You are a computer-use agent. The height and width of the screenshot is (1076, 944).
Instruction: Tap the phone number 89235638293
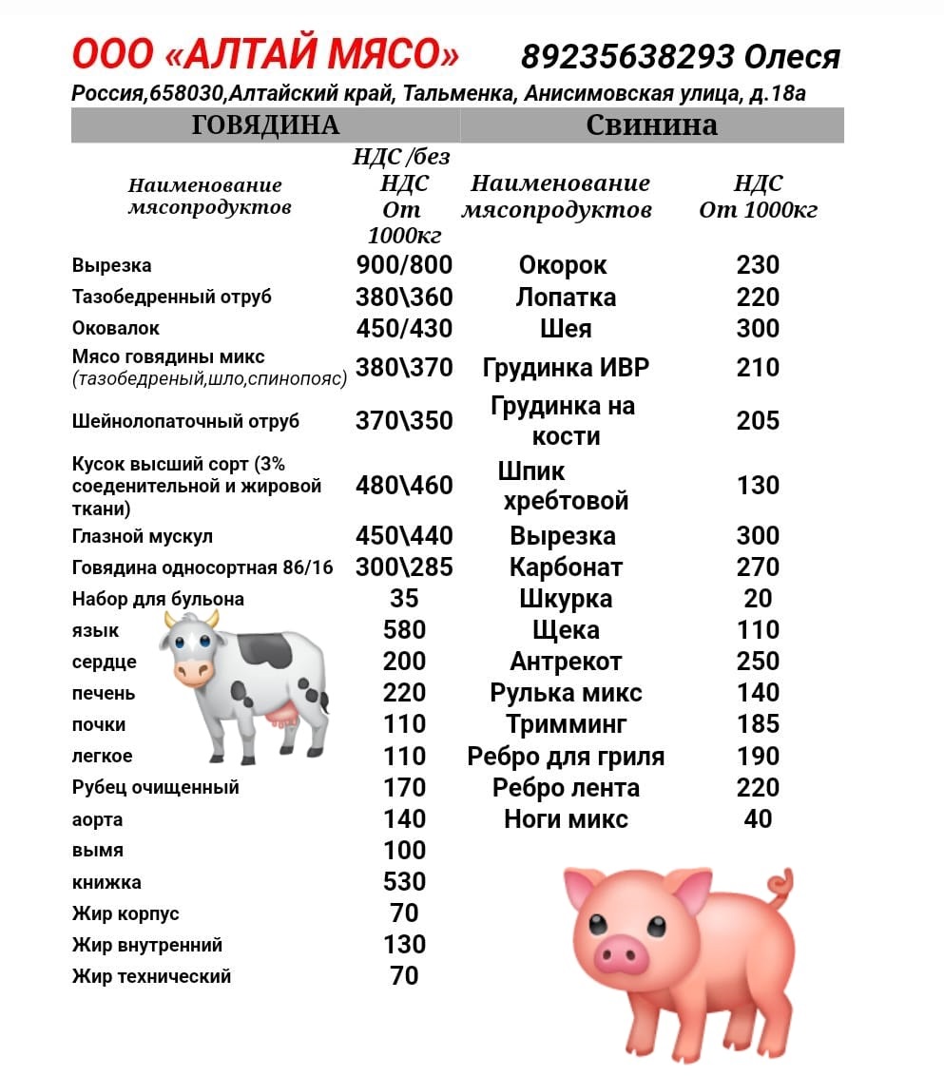(x=627, y=57)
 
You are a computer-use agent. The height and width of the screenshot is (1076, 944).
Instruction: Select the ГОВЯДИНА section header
(x=265, y=125)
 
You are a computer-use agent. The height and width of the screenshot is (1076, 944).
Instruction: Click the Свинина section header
(x=651, y=125)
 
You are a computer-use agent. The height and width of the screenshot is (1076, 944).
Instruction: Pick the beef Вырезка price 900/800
(x=404, y=265)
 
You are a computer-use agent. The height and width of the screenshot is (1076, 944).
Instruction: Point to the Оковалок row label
(x=116, y=328)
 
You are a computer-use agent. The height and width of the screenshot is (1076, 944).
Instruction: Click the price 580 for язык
(x=404, y=629)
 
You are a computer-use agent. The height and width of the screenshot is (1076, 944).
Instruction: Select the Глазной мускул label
(x=142, y=536)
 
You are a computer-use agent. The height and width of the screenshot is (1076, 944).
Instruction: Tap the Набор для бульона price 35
(x=404, y=598)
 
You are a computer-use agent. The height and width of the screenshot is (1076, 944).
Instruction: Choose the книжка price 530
(x=404, y=881)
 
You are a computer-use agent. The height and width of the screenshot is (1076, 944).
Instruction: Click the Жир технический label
(x=151, y=975)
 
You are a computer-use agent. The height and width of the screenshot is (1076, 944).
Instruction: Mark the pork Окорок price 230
(x=758, y=265)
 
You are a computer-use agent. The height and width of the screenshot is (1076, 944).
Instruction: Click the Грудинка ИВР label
(x=566, y=368)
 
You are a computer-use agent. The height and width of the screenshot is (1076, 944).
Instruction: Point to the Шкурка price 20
(x=758, y=598)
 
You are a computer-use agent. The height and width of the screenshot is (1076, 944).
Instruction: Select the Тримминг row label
(x=566, y=724)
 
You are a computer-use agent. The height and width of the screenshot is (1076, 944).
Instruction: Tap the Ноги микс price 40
(x=758, y=818)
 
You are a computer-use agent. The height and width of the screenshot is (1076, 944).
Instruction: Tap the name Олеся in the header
(x=792, y=57)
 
